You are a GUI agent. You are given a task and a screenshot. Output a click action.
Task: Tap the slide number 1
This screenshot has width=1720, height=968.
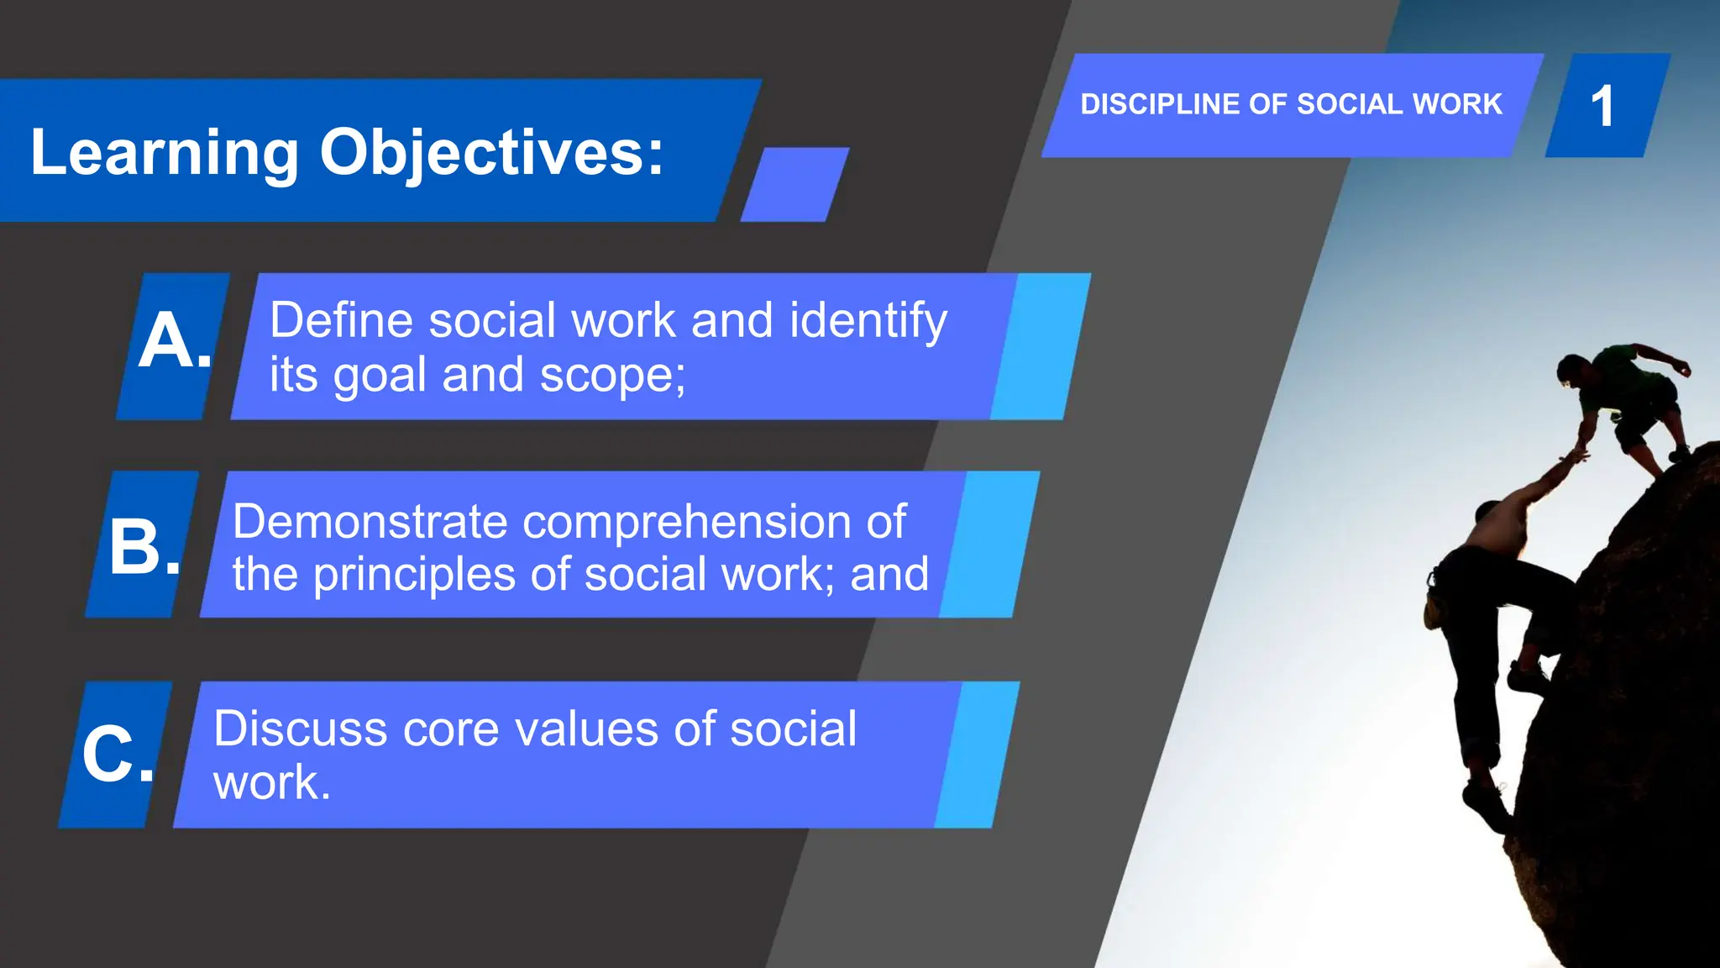tap(1602, 107)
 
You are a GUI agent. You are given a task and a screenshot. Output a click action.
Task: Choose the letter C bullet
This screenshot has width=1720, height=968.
tap(116, 754)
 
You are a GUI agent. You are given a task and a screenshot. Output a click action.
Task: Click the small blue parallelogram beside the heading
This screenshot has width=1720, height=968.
tap(794, 185)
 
